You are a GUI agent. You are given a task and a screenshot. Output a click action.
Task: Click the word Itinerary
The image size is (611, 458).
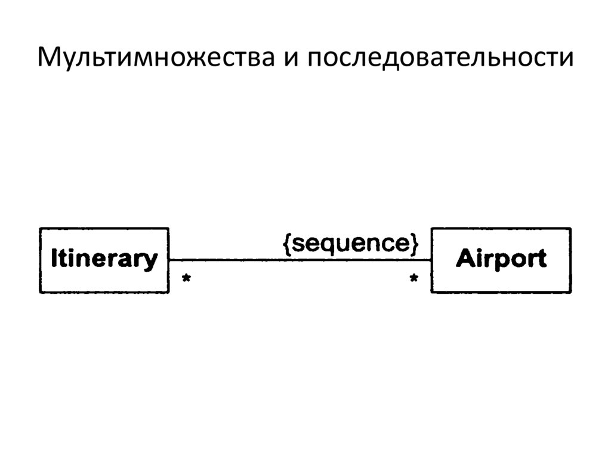[x=104, y=260]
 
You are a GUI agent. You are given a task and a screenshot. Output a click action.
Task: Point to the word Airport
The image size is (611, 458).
[x=501, y=259]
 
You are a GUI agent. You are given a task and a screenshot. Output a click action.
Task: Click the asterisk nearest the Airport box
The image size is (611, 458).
[x=413, y=279]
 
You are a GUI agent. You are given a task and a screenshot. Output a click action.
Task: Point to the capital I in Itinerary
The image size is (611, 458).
[x=54, y=259]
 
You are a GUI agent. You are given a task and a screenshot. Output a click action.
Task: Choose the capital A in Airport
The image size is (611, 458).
[x=463, y=259]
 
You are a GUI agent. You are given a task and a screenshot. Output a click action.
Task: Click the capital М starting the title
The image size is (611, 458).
[x=49, y=59]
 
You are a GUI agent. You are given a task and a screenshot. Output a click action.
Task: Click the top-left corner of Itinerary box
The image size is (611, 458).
[x=40, y=229]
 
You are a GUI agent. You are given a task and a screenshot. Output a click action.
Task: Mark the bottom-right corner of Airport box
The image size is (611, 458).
[x=570, y=292]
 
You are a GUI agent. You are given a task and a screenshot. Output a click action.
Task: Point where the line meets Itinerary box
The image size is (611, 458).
[x=169, y=260]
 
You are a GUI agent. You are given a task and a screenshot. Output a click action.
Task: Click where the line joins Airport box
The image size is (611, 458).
[x=431, y=260]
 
